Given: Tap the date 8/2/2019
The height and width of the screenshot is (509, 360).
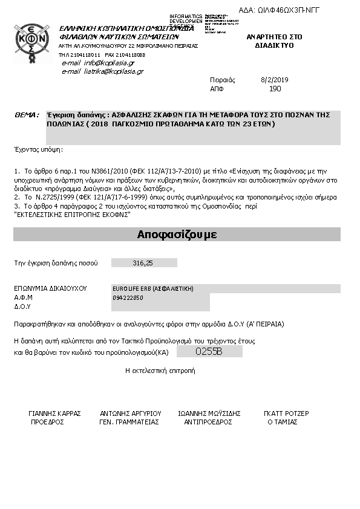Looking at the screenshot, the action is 275,80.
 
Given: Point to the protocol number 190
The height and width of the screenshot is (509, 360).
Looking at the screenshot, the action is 275,88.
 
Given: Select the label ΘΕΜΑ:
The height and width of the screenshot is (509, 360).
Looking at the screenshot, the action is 26,114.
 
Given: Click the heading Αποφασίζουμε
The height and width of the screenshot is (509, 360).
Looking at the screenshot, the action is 177,235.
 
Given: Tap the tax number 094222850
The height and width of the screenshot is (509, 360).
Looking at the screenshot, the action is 128,298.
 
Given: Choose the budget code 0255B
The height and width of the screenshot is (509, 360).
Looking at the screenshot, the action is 209,351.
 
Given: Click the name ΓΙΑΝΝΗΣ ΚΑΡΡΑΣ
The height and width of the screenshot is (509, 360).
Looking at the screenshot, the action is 54,413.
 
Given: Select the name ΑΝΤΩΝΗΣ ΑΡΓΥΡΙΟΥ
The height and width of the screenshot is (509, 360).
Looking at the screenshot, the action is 130,413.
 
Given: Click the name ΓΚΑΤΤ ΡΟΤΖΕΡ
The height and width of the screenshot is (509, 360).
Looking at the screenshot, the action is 286,413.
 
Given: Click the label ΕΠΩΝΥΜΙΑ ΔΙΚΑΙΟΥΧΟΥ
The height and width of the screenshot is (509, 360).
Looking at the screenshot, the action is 51,288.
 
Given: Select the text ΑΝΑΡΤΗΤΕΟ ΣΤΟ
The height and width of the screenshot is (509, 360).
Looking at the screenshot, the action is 274,37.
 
